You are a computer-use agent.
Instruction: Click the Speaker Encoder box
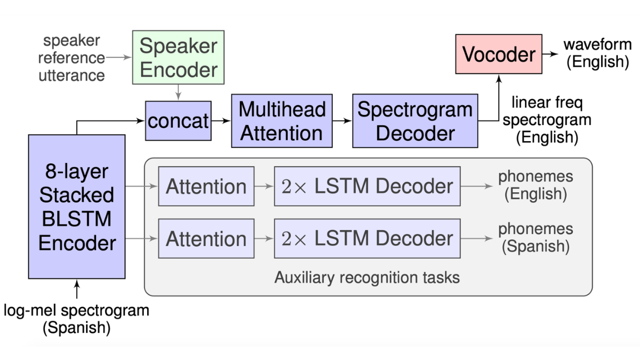pyautogui.click(x=178, y=57)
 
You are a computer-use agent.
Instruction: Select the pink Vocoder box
pyautogui.click(x=498, y=54)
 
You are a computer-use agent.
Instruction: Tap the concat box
pyautogui.click(x=178, y=121)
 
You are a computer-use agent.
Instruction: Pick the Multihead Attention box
pyautogui.click(x=282, y=121)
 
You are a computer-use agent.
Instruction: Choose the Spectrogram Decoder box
pyautogui.click(x=414, y=121)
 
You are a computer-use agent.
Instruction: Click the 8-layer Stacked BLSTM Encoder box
pyautogui.click(x=77, y=207)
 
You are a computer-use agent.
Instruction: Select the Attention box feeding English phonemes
pyautogui.click(x=206, y=186)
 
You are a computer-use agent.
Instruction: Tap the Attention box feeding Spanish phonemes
pyautogui.click(x=206, y=238)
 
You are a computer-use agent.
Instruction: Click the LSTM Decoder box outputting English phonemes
pyautogui.click(x=367, y=186)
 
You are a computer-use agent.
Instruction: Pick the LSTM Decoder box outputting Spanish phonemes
pyautogui.click(x=367, y=238)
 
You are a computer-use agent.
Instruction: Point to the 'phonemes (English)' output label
pyautogui.click(x=535, y=186)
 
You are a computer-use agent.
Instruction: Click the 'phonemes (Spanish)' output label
pyautogui.click(x=535, y=237)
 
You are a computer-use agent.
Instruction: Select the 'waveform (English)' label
pyautogui.click(x=597, y=53)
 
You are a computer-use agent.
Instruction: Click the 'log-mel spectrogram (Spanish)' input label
pyautogui.click(x=77, y=319)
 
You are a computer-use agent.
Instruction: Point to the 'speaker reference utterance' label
pyautogui.click(x=72, y=58)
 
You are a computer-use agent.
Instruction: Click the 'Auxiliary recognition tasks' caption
pyautogui.click(x=367, y=277)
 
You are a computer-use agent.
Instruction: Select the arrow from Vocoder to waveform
pyautogui.click(x=551, y=54)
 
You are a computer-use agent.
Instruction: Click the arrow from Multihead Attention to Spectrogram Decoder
pyautogui.click(x=342, y=121)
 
